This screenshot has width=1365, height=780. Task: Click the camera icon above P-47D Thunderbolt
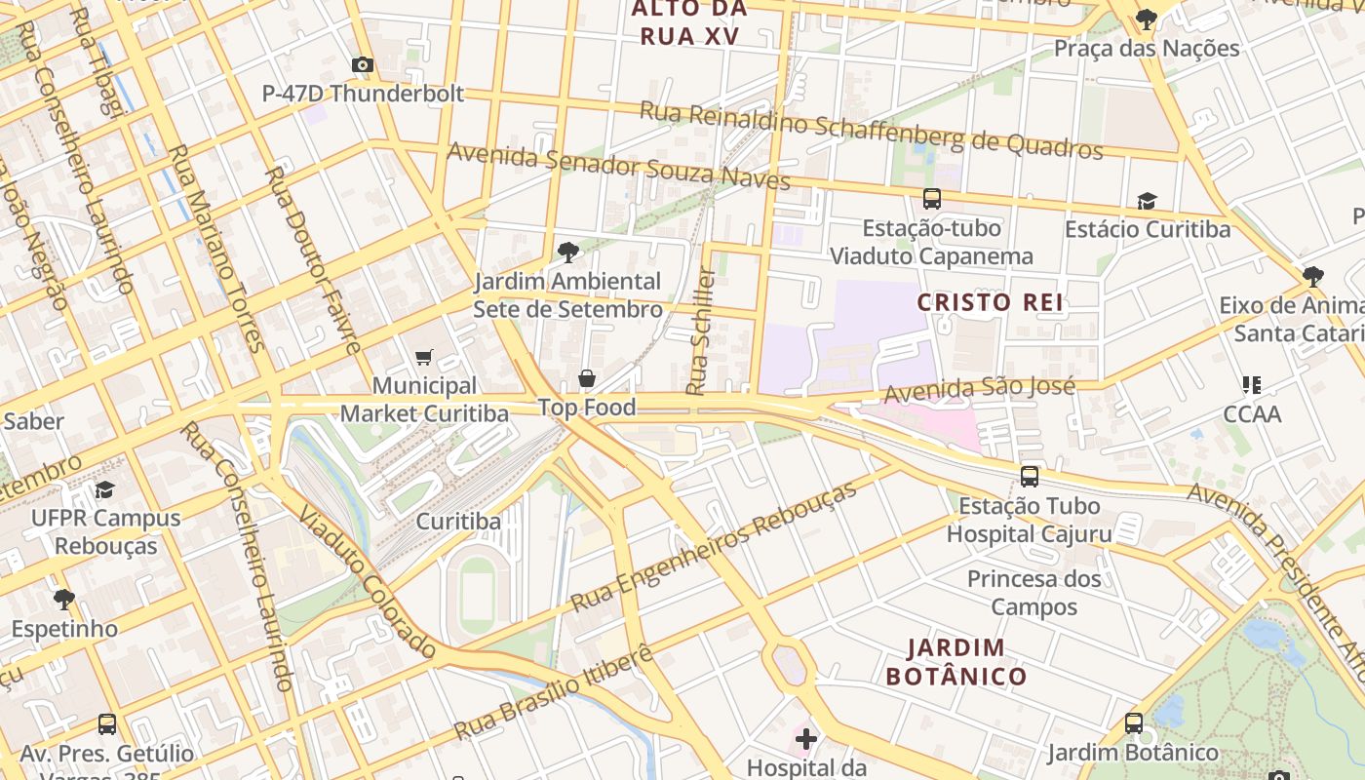coord(363,65)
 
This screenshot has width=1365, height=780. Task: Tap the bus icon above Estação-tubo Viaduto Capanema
coord(931,199)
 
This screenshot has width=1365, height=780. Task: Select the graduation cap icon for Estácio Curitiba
coord(1147,201)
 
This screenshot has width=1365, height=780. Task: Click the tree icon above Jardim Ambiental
coord(567,253)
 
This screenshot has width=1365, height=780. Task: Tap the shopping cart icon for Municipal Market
coord(423,358)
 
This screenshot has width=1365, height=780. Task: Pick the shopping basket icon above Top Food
coord(587,378)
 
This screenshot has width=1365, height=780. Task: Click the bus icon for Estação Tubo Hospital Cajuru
coord(1029,477)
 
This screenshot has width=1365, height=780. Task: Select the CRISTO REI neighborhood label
coord(990,302)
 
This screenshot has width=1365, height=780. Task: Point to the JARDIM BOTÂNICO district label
coord(955,662)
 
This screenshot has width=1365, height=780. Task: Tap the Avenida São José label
coord(979,389)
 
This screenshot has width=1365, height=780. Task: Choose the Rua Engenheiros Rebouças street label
coord(714,545)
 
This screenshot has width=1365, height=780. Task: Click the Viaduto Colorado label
coord(367,581)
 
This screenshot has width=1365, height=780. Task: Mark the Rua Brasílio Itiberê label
coord(553,693)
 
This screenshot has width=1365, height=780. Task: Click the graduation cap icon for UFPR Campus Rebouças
coord(104,489)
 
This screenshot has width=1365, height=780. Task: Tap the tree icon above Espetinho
coord(64,599)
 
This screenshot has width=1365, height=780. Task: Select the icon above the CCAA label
coord(1252,385)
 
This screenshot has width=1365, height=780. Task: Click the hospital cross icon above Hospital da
coord(805,739)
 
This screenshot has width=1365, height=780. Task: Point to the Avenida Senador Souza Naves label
coord(618,166)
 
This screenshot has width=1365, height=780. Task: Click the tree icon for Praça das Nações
coord(1147,19)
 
